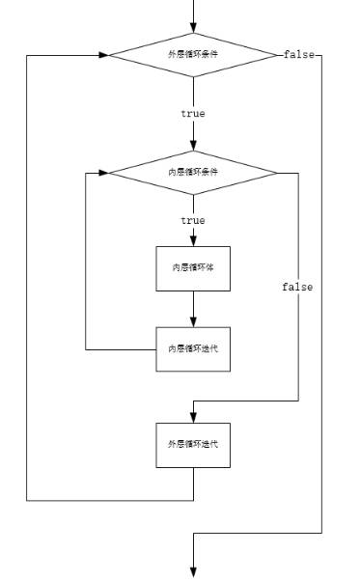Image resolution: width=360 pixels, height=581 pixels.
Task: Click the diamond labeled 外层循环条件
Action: [193, 54]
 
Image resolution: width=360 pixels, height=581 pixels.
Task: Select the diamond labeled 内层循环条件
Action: [193, 173]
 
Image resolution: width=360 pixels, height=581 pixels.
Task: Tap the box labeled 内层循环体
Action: [193, 267]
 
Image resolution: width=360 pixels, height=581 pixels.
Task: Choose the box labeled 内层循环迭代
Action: [193, 347]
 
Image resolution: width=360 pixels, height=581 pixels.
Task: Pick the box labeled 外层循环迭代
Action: [193, 444]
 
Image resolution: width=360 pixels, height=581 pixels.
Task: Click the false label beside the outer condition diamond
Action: [298, 54]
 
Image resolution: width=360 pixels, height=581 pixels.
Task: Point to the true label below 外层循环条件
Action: [193, 113]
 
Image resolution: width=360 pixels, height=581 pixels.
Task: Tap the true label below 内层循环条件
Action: [193, 221]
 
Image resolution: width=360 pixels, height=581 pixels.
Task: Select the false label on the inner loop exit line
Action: [297, 287]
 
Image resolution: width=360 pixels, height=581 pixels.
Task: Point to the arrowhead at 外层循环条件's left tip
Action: [102, 54]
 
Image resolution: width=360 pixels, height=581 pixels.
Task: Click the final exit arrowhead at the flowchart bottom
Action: [193, 571]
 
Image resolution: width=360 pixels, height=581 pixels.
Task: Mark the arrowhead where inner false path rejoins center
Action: [199, 400]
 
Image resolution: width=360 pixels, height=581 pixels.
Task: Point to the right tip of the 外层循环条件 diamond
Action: [278, 54]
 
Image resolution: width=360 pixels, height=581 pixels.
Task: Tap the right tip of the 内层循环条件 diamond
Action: [278, 173]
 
